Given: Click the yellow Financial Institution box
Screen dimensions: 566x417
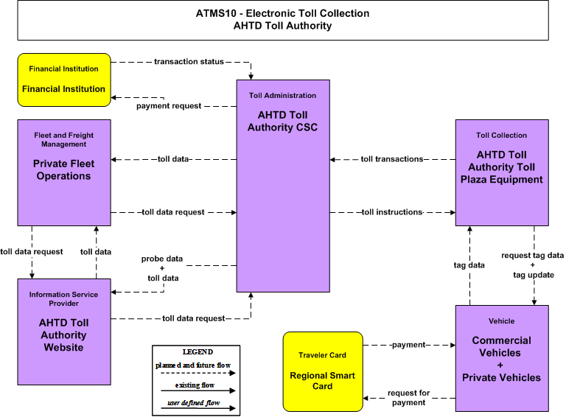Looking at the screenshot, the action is coord(64,80).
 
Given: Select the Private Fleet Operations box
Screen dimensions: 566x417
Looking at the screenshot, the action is coord(64,173).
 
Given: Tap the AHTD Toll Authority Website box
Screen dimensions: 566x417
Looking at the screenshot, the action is coord(64,332).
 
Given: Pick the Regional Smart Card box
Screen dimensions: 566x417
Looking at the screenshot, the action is coord(323,371).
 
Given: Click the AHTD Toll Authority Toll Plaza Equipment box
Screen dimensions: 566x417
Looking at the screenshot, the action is coord(502,173).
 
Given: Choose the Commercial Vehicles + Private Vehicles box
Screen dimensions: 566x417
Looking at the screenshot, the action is coord(502,358).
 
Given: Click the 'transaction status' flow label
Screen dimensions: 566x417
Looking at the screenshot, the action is coord(189,62).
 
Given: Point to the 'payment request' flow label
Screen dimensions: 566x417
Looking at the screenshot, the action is coord(169,106).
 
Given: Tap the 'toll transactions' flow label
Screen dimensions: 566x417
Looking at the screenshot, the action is coord(392,159).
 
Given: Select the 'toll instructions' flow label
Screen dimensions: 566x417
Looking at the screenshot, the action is coord(392,212).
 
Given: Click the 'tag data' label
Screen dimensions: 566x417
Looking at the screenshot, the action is coord(469,265).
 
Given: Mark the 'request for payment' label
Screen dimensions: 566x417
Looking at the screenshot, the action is coord(408,398).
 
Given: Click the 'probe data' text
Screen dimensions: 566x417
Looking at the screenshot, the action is coord(162,259).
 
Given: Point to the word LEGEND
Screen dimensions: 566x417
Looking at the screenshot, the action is coord(198,351).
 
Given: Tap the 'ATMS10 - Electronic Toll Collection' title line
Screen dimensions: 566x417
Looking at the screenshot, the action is coord(283,13).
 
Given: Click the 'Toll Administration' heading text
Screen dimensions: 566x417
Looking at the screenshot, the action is coord(283,96).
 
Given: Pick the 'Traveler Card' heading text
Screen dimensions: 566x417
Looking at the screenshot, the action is coord(322,355).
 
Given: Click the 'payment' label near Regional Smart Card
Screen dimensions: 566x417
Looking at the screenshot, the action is coord(408,345).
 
